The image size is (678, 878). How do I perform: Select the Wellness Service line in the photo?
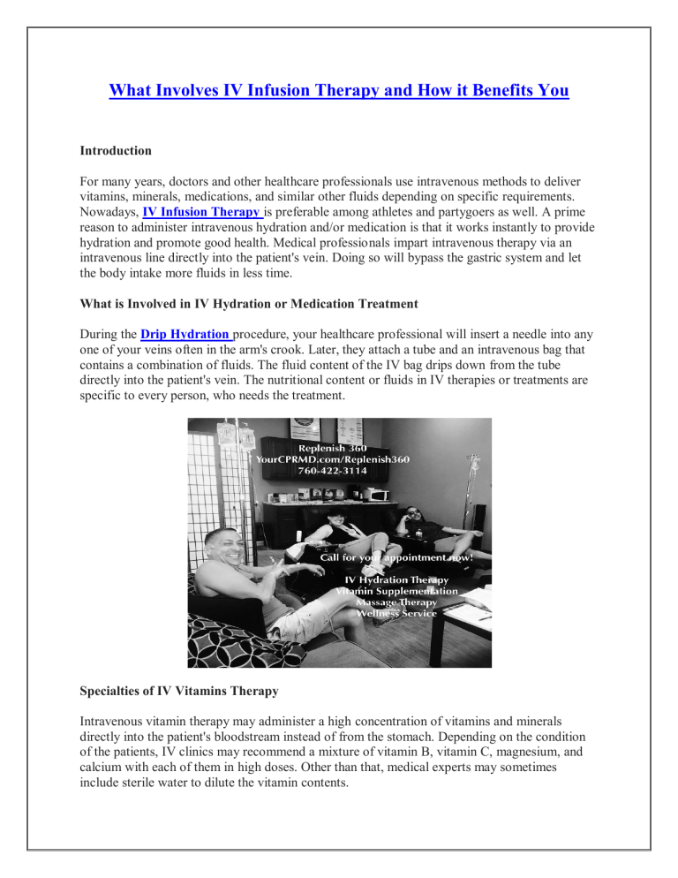[x=399, y=612]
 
